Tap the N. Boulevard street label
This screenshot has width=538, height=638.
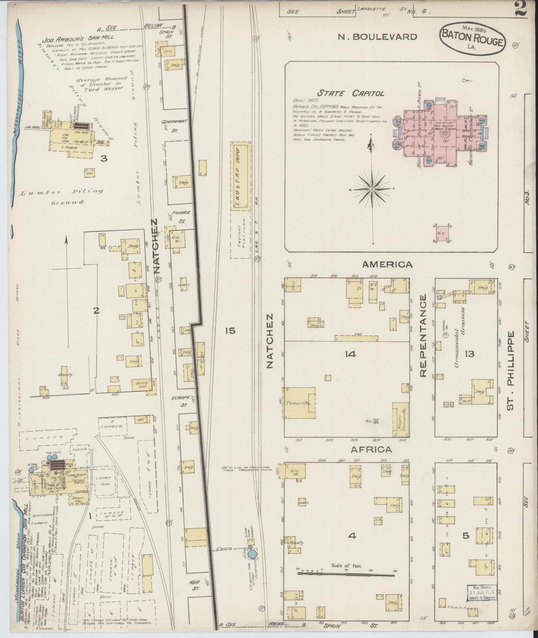pos(377,37)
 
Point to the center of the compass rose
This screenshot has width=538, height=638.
pos(373,189)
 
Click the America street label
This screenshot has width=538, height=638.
pos(387,264)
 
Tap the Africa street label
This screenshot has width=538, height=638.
pos(371,450)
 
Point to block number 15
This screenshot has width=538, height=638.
pos(230,331)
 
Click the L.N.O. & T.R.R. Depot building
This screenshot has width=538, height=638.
pos(240,176)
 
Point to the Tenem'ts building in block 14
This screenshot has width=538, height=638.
pos(299,403)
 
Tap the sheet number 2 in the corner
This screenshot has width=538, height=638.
pos(520,9)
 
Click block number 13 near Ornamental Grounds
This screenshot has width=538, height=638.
pos(470,354)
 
